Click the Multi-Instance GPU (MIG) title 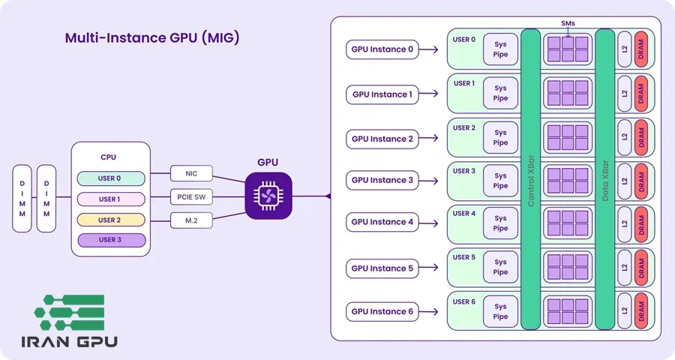[x=151, y=38]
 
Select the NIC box [x=191, y=174]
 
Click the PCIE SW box [x=191, y=197]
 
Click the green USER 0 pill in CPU [x=109, y=178]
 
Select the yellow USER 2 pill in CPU [x=109, y=220]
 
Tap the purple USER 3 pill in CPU [x=109, y=241]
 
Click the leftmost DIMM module [x=22, y=198]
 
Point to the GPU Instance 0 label [x=382, y=50]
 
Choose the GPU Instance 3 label [x=382, y=180]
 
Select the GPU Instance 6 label [x=382, y=311]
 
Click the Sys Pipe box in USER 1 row [x=500, y=94]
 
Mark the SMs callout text [x=568, y=23]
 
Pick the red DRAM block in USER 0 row [x=641, y=49]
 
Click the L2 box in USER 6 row [x=624, y=311]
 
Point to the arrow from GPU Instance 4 [x=430, y=223]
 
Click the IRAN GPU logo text [x=68, y=343]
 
